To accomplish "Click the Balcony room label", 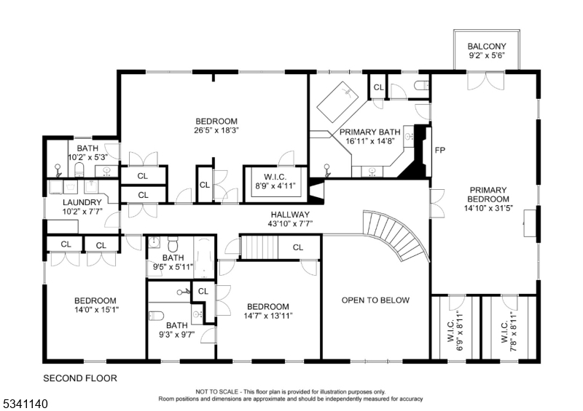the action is pyautogui.click(x=487, y=47).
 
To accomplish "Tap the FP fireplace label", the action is pyautogui.click(x=440, y=151).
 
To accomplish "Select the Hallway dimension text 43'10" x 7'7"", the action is pyautogui.click(x=290, y=224).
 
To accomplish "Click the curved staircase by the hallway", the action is pyautogui.click(x=395, y=234).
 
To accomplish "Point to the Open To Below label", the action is pyautogui.click(x=375, y=300).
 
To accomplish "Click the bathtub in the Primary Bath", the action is pyautogui.click(x=337, y=102).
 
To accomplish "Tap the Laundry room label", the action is pyautogui.click(x=82, y=202).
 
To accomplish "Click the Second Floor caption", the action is pyautogui.click(x=80, y=378).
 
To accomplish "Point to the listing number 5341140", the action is pyautogui.click(x=25, y=404).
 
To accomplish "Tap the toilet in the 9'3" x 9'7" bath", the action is pyautogui.click(x=156, y=316).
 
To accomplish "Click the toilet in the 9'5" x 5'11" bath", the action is pyautogui.click(x=173, y=244).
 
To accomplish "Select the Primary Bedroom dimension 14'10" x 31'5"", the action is pyautogui.click(x=488, y=208).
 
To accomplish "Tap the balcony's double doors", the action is pyautogui.click(x=485, y=81).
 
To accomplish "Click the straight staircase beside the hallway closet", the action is pyautogui.click(x=259, y=247).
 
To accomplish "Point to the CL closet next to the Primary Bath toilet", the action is pyautogui.click(x=378, y=87).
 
